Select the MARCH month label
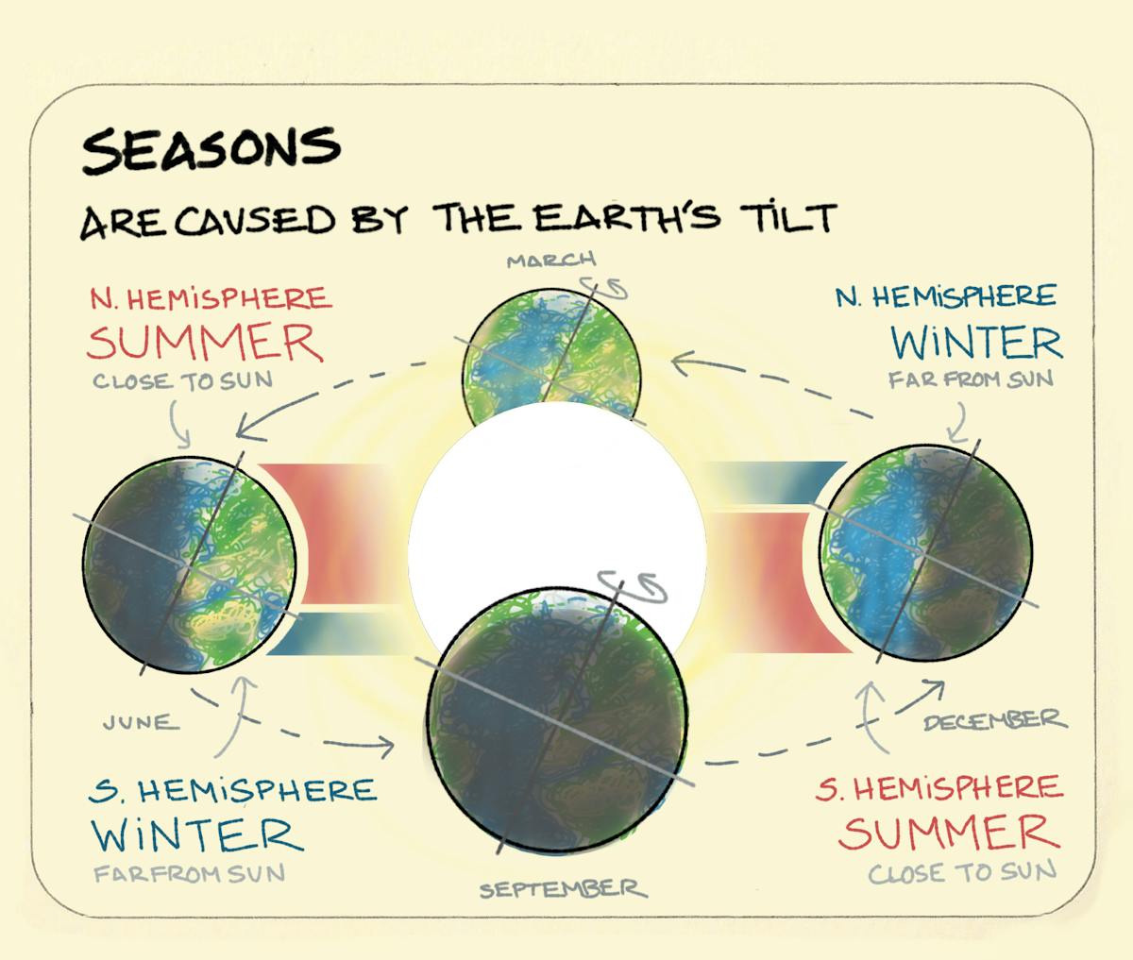click(x=551, y=260)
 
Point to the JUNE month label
click(x=140, y=723)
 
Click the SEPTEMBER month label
click(x=563, y=889)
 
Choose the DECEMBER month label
click(x=993, y=721)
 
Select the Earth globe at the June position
click(x=189, y=564)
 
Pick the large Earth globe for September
click(x=557, y=719)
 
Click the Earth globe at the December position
click(x=925, y=553)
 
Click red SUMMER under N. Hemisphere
click(x=205, y=344)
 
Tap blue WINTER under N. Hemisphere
click(x=976, y=344)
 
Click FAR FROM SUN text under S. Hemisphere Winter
click(x=189, y=874)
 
